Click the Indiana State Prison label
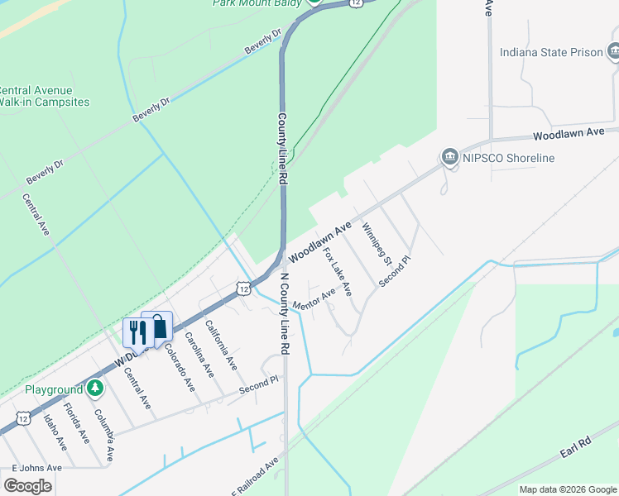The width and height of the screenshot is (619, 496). coord(551,53)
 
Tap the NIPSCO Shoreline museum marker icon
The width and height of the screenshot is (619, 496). coord(450,158)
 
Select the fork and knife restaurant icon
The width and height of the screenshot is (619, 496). coord(136,331)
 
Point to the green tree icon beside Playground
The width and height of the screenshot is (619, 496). coord(96,388)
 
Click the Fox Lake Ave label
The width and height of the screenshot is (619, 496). coord(338,272)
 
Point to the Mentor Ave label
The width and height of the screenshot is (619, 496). coord(314,295)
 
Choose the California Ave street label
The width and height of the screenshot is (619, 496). coord(221,345)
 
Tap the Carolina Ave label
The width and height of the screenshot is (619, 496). coord(199,355)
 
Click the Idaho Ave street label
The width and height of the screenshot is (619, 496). coord(55,432)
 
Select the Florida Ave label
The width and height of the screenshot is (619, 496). coord(77,423)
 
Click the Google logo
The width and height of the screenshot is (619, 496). coord(27,485)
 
